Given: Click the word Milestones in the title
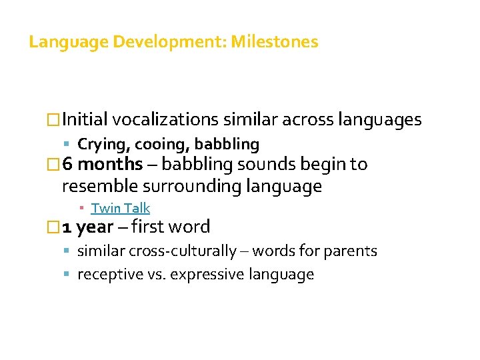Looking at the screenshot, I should click(275, 43).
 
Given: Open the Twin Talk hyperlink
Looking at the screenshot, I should click(121, 208).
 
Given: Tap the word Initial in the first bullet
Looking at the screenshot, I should click(85, 120).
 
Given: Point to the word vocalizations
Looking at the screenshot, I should click(166, 120).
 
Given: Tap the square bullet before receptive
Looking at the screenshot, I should click(70, 275).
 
